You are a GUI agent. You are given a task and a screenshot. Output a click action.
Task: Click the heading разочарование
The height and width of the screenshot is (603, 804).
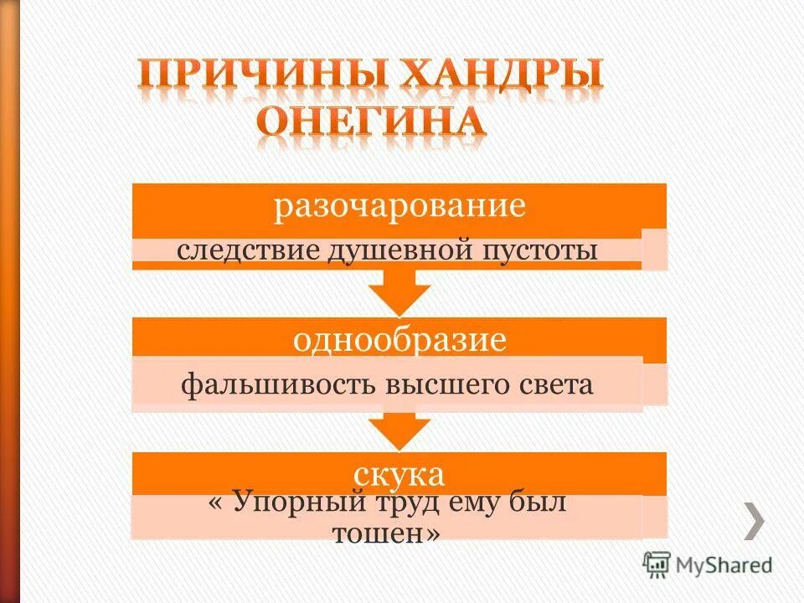coord(400,207)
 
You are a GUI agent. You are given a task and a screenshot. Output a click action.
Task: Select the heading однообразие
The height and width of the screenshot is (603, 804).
coord(400,341)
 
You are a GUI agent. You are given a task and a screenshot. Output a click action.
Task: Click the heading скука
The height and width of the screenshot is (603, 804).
coord(400,476)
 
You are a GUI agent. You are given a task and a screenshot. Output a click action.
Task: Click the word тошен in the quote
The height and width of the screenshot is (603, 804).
coord(381,533)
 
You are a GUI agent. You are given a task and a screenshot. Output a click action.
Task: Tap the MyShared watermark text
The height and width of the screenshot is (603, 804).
coord(725,565)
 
